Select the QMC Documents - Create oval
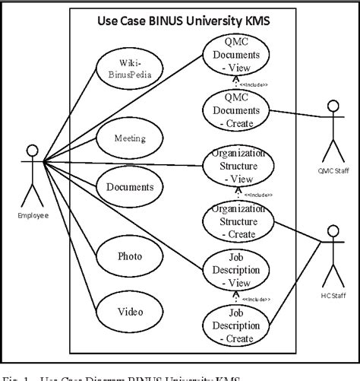pyautogui.click(x=235, y=109)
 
